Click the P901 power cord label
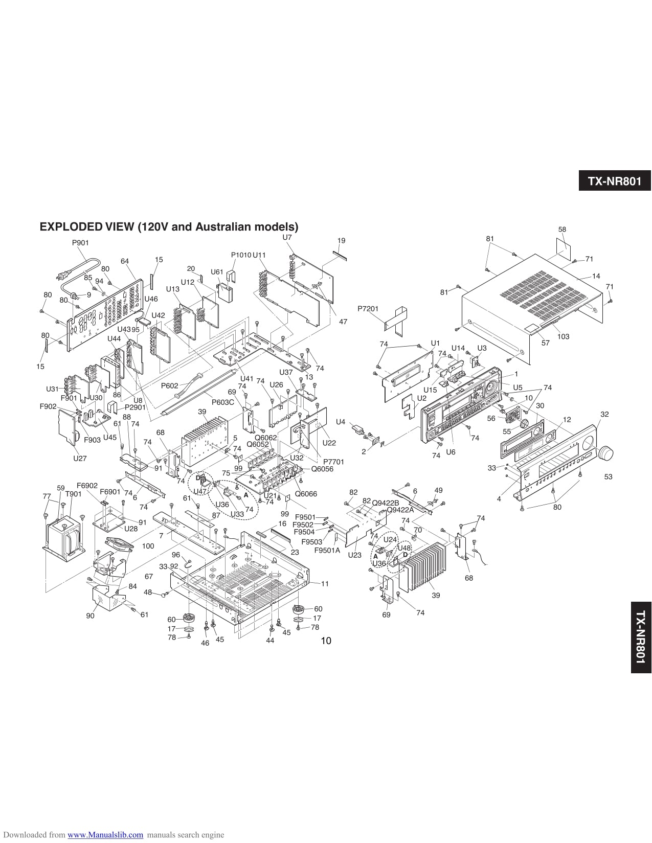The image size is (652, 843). click(80, 243)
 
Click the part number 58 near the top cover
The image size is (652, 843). click(562, 230)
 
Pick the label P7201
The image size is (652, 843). click(368, 309)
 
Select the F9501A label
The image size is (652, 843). click(327, 551)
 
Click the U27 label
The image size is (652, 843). click(80, 459)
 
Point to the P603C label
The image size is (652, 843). click(222, 402)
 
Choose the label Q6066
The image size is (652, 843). click(306, 494)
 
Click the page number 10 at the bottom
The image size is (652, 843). click(326, 641)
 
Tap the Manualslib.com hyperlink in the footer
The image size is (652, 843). click(105, 835)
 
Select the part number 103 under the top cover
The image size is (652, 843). click(563, 336)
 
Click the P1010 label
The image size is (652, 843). click(241, 255)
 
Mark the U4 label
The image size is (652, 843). click(341, 422)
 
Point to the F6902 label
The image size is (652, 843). click(87, 485)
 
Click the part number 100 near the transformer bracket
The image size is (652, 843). click(148, 546)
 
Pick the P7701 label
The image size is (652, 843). click(333, 462)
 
